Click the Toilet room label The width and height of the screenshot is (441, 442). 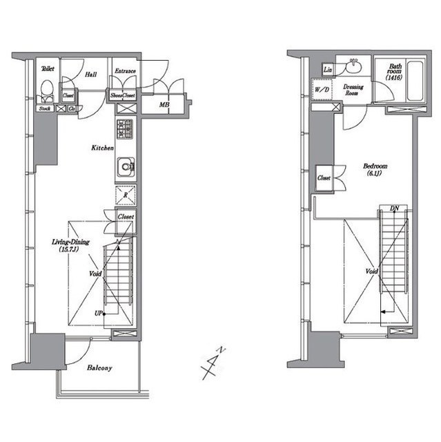click(48, 68)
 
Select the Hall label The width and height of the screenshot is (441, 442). click(91, 74)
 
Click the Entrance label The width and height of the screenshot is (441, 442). click(125, 71)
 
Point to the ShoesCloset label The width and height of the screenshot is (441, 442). click(122, 95)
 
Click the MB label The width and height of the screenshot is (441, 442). click(164, 105)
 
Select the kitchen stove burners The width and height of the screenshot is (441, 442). click(125, 129)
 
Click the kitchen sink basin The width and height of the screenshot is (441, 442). click(126, 166)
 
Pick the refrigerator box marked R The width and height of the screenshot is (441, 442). click(126, 195)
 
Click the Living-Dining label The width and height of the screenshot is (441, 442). click(66, 245)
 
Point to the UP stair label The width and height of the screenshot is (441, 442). click(99, 313)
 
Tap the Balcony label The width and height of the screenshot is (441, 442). click(99, 368)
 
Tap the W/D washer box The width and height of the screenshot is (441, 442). click(322, 90)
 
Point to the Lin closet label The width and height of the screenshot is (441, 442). click(328, 69)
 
